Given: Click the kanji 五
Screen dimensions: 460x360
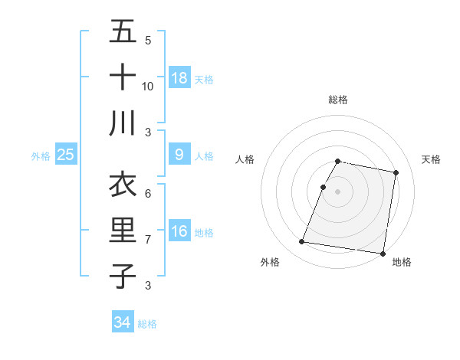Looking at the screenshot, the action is click(x=123, y=32).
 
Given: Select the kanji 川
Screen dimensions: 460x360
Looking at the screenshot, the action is click(x=123, y=123).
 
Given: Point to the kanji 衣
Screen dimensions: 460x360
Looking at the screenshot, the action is click(x=123, y=185).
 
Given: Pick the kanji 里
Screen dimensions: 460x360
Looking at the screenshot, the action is click(x=123, y=230).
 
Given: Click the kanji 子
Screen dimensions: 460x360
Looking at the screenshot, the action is click(x=123, y=276).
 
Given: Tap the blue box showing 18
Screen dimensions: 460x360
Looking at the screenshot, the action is click(x=179, y=78).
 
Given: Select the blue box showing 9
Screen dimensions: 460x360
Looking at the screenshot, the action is click(x=179, y=155).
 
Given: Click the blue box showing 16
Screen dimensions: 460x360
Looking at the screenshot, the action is click(x=179, y=231).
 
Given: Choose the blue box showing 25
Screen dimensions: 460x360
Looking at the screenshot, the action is click(x=66, y=155).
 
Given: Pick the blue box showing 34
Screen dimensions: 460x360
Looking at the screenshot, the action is click(x=122, y=322).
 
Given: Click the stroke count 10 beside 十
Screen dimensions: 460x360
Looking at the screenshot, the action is click(x=148, y=86).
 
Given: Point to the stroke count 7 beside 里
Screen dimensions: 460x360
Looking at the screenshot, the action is click(x=148, y=239).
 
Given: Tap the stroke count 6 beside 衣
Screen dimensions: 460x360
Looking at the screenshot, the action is click(x=148, y=193).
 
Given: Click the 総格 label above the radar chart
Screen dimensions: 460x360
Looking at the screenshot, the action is click(x=338, y=100).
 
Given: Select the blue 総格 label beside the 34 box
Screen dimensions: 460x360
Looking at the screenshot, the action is click(x=147, y=324).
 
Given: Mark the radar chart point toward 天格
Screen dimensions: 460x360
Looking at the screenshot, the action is click(x=396, y=172).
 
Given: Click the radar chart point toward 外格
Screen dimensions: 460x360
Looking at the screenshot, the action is click(x=302, y=242).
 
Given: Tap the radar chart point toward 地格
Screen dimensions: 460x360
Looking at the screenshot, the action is click(x=382, y=253).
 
